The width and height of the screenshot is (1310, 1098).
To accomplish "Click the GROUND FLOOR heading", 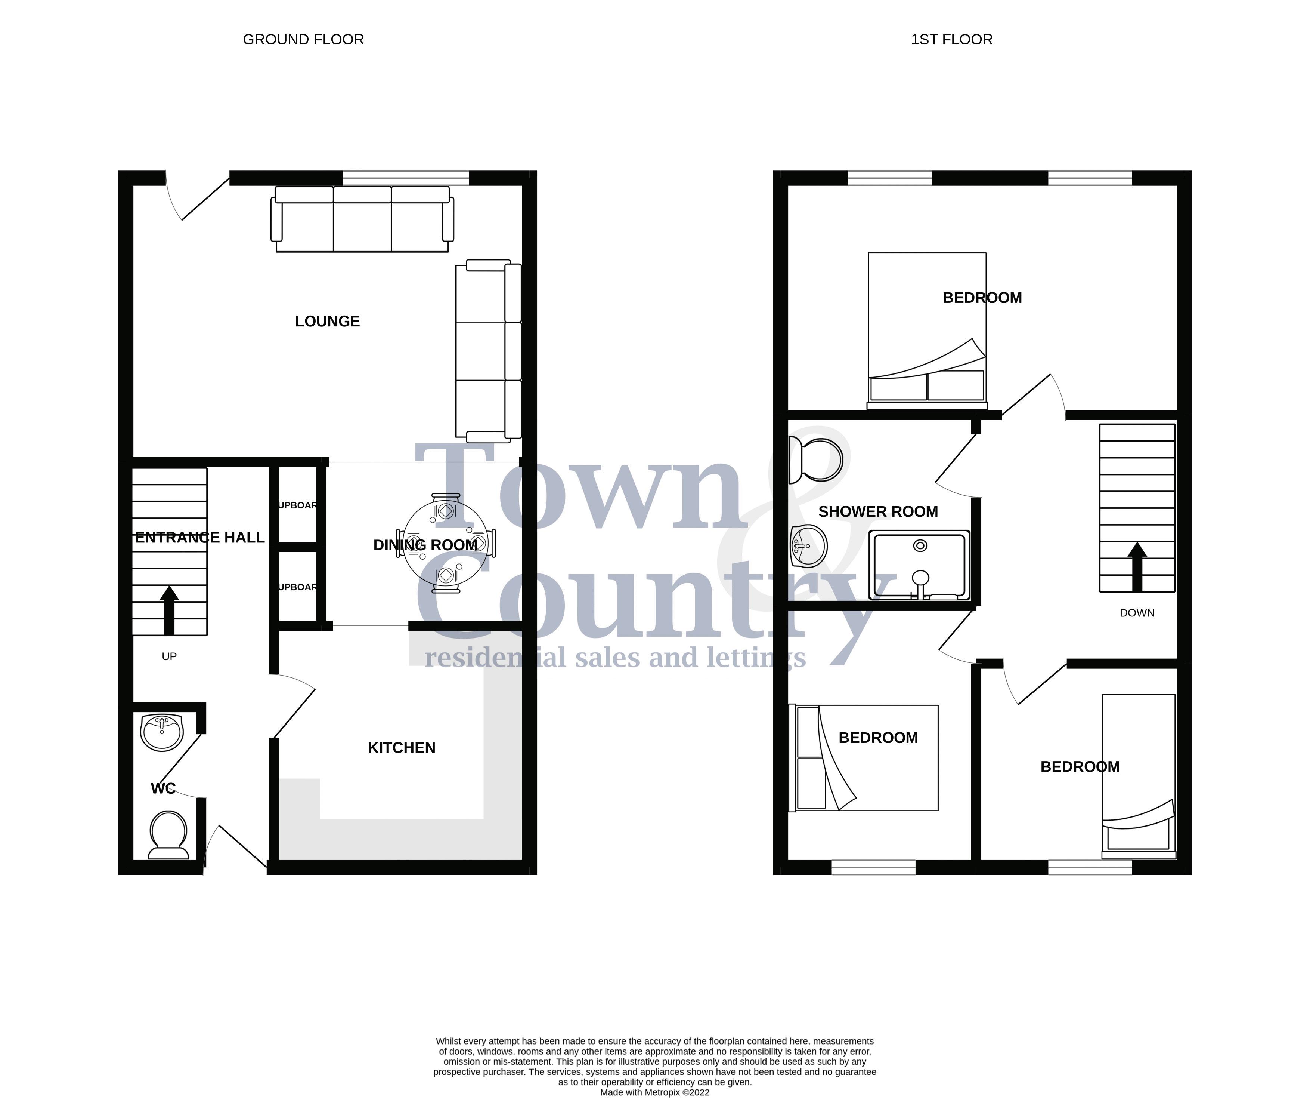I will click(303, 39).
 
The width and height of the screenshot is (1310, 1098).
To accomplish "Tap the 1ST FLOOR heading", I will click(951, 39).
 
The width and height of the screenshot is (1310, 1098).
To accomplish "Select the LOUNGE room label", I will click(328, 322).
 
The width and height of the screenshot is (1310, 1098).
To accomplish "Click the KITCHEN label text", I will click(401, 748).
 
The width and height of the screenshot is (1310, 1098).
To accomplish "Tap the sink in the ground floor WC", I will click(162, 732).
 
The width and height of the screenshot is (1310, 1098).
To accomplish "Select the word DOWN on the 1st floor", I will click(1137, 613).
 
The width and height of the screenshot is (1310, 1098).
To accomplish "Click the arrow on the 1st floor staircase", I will click(1137, 566).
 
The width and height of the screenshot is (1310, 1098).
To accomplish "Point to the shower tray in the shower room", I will click(920, 565).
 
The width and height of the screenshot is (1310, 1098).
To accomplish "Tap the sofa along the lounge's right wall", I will click(488, 350).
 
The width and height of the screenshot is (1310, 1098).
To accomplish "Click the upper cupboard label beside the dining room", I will click(298, 505).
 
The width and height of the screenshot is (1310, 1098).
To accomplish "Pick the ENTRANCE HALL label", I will click(199, 538).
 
